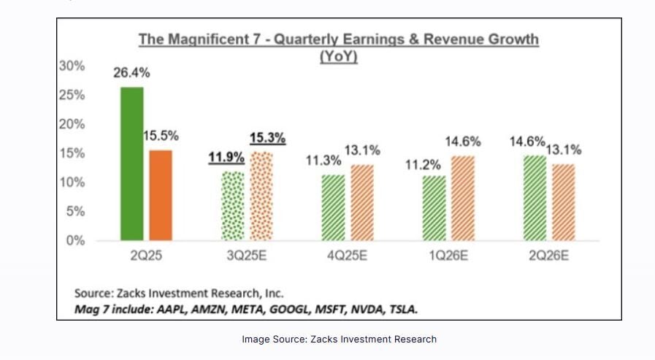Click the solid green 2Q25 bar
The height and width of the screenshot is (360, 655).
click(131, 164)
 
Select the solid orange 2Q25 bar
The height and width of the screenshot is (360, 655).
click(160, 195)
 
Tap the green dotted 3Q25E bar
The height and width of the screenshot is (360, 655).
click(233, 206)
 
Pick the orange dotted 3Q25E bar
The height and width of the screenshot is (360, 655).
click(261, 196)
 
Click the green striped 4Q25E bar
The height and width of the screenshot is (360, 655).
click(334, 207)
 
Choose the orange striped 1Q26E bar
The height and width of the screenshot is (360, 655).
click(463, 198)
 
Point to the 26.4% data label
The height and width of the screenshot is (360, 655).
click(131, 73)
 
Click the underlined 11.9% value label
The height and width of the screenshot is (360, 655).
click(226, 157)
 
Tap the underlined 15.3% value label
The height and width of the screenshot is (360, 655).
click(268, 137)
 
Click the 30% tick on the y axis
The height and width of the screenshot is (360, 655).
click(71, 66)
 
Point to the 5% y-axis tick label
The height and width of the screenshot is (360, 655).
click(76, 211)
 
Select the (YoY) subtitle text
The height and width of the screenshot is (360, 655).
click(339, 57)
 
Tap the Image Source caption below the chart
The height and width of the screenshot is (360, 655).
click(339, 339)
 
